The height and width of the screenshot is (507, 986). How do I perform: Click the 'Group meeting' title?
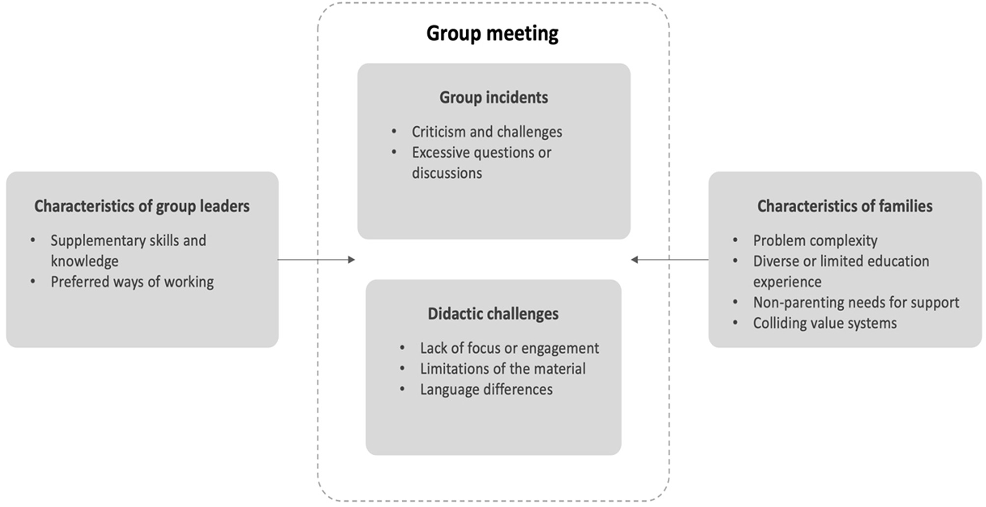492,33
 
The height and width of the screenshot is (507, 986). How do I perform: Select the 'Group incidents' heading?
494,97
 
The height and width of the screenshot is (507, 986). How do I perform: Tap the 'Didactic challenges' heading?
493,314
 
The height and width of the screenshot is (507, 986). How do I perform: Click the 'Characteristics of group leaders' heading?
142,206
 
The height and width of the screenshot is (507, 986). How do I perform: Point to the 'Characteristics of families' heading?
844,206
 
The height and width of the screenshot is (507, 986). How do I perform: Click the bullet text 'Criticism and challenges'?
487,132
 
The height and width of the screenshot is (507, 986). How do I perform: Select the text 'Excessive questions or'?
481,152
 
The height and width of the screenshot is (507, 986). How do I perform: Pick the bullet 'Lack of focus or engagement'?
509,348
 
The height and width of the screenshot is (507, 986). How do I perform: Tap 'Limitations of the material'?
502,369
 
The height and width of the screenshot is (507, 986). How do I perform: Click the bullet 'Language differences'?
486,390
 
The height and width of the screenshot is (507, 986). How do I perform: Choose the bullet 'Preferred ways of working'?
132,282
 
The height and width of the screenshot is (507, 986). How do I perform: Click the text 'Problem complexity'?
815,241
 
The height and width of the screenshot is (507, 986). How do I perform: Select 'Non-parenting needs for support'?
856,303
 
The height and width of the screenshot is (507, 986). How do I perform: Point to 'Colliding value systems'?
825,323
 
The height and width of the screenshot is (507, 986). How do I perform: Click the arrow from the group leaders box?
316,260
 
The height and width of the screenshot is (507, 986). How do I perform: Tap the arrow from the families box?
670,260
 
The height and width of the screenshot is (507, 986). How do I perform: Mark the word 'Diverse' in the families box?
776,262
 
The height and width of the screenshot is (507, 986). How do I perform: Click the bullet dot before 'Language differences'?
402,389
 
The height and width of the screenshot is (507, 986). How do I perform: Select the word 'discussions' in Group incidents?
447,173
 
